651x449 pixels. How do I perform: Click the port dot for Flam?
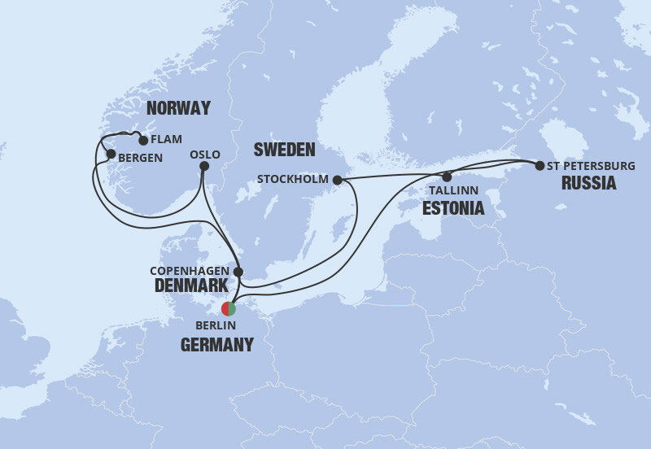tap(144, 140)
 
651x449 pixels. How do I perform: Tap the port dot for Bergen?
tap(111, 154)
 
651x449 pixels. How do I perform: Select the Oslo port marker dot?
tap(204, 167)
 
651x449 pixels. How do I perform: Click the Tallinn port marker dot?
tap(447, 177)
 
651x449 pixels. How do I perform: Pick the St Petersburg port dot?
tap(539, 166)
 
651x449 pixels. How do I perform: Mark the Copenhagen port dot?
tap(238, 272)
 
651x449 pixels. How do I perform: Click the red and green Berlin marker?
tap(229, 309)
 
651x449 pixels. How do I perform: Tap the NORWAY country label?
tap(178, 108)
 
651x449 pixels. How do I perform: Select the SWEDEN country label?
tap(284, 150)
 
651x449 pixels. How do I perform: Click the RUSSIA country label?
tap(588, 183)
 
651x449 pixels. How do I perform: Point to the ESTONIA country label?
tap(452, 209)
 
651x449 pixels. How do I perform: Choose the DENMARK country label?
tap(192, 286)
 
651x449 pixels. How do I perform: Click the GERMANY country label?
tap(216, 345)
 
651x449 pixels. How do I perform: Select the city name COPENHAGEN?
tap(190, 271)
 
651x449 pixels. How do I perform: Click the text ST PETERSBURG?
tap(591, 166)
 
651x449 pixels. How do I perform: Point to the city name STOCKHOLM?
tap(292, 179)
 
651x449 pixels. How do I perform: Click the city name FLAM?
tap(167, 139)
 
